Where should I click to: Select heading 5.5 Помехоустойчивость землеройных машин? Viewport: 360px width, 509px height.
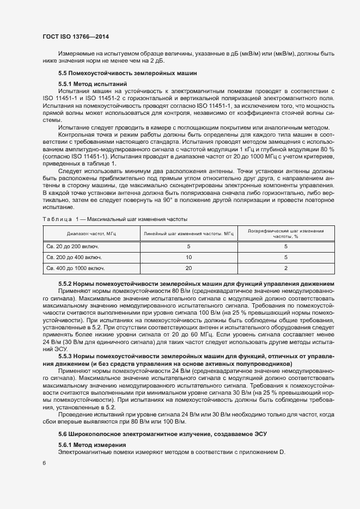tap(124, 73)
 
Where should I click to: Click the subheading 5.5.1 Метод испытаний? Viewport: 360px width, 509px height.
tap(93, 84)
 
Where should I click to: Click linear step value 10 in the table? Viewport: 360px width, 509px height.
tap(188, 257)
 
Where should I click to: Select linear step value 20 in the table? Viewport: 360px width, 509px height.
tap(188, 268)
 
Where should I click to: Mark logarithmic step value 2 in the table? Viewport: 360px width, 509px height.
tap(285, 268)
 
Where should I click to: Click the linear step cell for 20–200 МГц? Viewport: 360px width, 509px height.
tap(188, 246)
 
